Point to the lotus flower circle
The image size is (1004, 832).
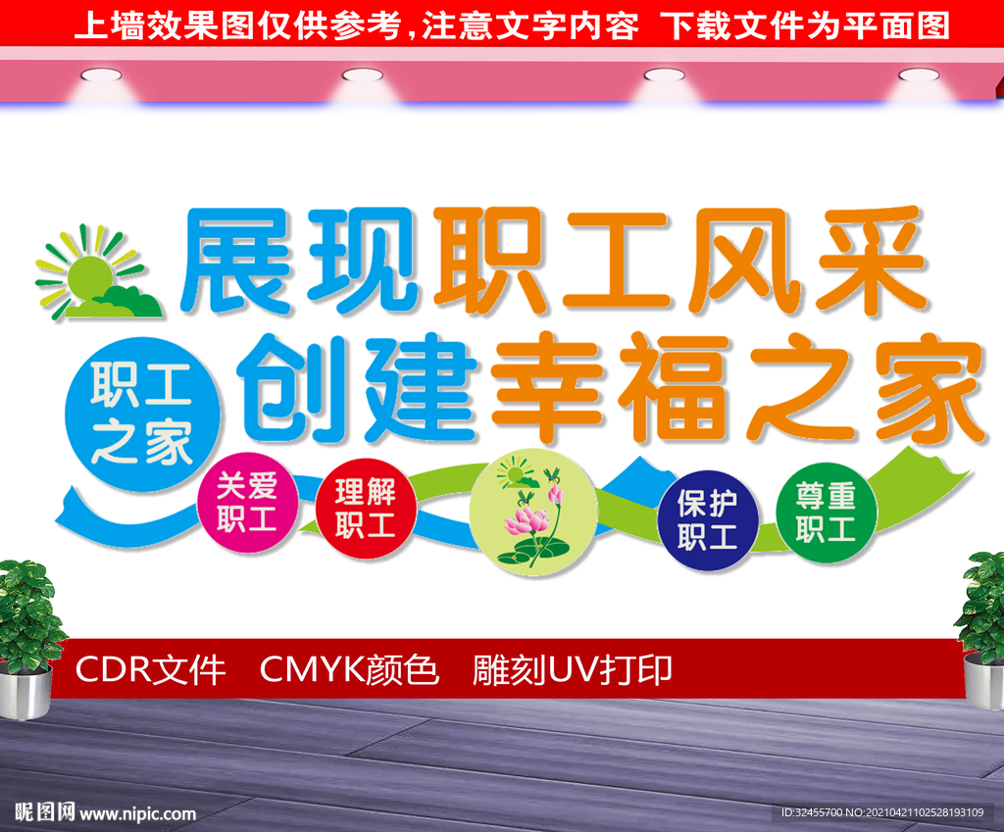point(532,512)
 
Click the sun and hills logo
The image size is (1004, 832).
point(96,273)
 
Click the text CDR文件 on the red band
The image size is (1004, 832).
point(150,670)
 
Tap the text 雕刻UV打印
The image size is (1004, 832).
point(573,670)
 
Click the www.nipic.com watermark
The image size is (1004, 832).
point(137,813)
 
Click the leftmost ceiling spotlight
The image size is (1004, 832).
point(101,74)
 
